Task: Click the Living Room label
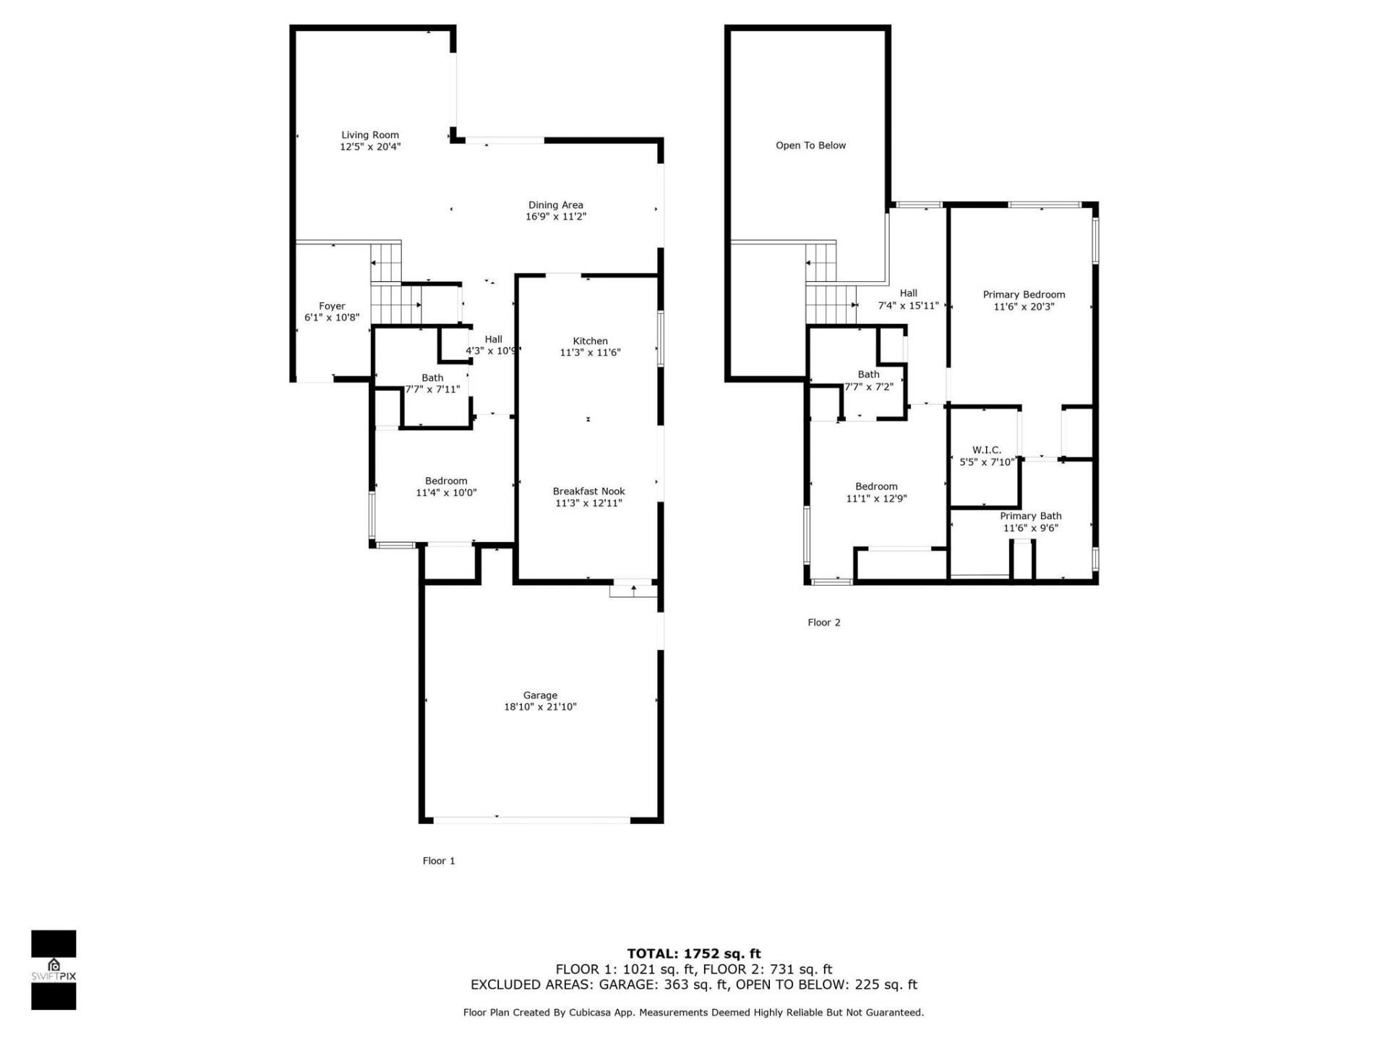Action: pos(369,135)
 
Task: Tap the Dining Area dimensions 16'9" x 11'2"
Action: pos(555,217)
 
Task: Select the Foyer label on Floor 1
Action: pos(332,306)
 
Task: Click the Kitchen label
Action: pos(590,341)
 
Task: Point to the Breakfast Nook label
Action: pos(588,492)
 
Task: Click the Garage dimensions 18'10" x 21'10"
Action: pos(540,707)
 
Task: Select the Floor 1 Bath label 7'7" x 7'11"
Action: pos(432,383)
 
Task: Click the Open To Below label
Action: pos(810,145)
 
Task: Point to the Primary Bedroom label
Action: pos(1024,294)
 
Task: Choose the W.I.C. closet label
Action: pos(986,450)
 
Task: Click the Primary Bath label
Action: pos(1030,516)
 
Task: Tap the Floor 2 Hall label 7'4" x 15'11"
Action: pos(908,299)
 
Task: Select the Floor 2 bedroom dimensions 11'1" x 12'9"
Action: pos(876,499)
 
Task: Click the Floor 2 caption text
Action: pos(823,622)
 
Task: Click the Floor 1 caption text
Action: pos(439,861)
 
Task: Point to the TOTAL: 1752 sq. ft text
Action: pos(693,954)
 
